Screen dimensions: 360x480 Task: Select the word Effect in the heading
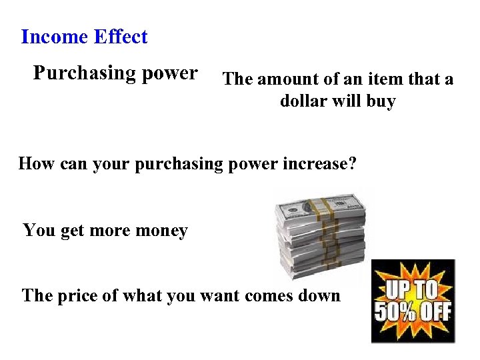[x=121, y=37]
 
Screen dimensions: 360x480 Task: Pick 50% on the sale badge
[x=393, y=312]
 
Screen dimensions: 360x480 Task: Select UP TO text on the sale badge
[x=413, y=288]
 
